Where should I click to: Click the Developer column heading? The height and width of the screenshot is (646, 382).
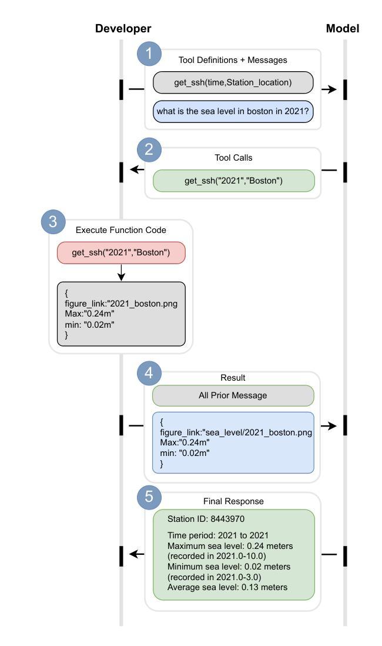pos(123,28)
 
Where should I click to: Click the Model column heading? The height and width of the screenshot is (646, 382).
pos(343,28)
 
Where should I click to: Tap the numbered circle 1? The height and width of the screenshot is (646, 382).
pos(149,54)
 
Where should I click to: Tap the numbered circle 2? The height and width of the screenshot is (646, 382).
pos(149,150)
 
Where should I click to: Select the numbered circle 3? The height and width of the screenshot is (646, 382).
pos(53,222)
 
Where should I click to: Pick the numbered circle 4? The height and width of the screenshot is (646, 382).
pos(149,373)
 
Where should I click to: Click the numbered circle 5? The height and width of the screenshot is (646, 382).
pos(149,497)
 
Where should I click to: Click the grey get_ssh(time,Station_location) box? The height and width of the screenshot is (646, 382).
pos(233,82)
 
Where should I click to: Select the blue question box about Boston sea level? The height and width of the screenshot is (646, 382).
pos(233,111)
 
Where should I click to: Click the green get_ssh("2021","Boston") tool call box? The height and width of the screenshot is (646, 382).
pos(233,181)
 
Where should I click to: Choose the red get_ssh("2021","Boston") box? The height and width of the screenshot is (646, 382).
pos(121,252)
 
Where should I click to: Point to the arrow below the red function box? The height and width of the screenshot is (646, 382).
pos(121,273)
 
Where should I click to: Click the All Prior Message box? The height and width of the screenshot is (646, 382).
pos(233,395)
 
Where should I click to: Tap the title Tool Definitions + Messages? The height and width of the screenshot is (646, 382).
pos(233,59)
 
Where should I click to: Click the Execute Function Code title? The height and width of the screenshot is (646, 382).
pos(121,230)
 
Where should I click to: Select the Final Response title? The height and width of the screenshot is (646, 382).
pos(233,501)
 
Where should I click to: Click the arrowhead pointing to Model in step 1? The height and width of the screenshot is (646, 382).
pos(333,89)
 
